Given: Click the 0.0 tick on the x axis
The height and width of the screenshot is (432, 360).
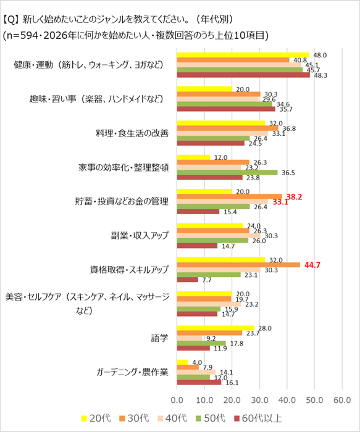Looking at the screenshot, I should coord(177,400).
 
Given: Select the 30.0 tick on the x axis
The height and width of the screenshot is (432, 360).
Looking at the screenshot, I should coord(259,400).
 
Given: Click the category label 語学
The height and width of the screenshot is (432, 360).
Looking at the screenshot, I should coord(159,338).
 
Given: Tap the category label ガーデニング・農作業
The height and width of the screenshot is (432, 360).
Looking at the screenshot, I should coord(132,372).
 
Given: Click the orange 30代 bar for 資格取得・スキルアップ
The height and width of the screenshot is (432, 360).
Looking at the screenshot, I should coord(238,264).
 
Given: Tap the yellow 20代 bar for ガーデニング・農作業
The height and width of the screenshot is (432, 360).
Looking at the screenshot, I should coord(183,361).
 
